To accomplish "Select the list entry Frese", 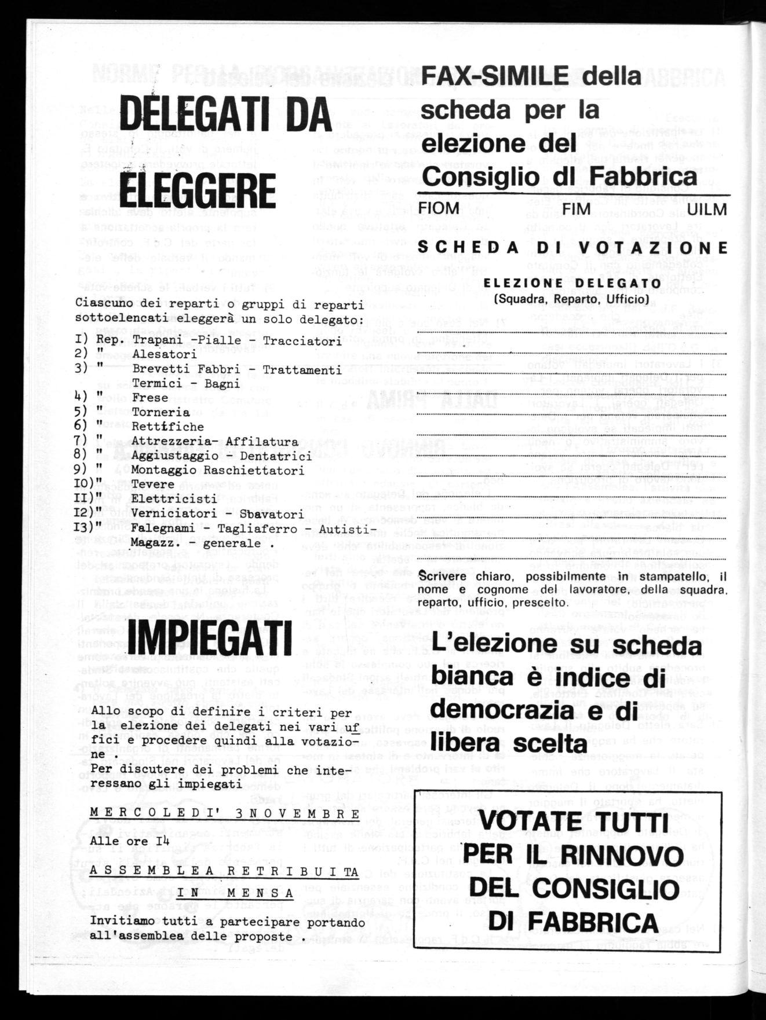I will (149, 398).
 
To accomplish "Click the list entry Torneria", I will (161, 412).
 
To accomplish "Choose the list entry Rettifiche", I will (168, 427).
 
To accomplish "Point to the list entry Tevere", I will (153, 485).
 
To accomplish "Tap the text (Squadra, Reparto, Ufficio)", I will (571, 299).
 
